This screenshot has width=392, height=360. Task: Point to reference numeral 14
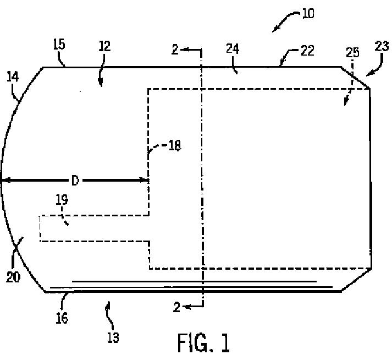(x=12, y=76)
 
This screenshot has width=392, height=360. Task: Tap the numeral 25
(x=353, y=53)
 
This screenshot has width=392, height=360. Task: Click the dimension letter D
(x=75, y=180)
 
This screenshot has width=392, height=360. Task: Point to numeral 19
(x=62, y=200)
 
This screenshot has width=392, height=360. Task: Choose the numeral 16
(x=62, y=318)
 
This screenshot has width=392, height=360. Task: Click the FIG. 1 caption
(x=203, y=342)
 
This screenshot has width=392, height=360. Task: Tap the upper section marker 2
(x=174, y=50)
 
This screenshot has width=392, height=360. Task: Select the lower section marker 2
(x=176, y=308)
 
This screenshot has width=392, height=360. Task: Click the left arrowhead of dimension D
(x=3, y=180)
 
